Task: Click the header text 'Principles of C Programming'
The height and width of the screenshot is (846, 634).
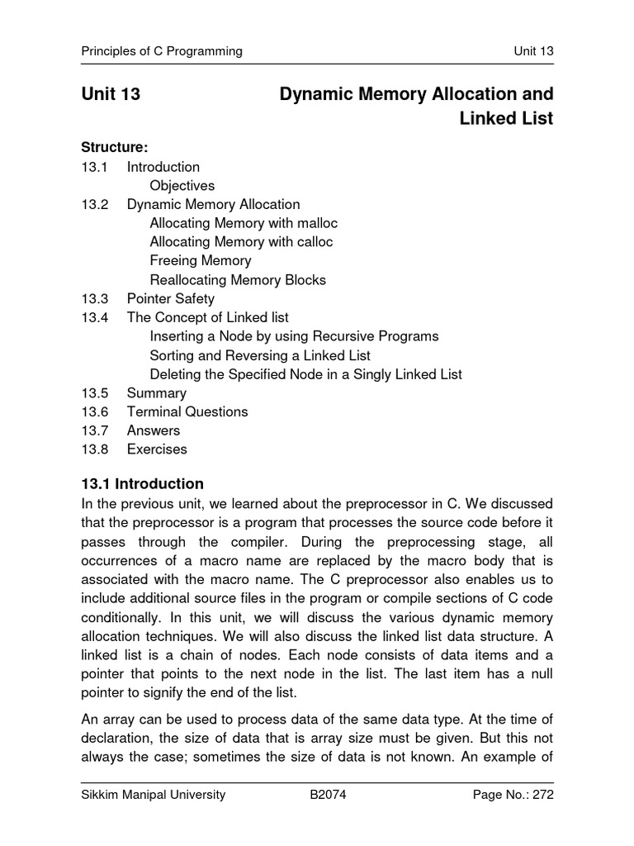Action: pos(161,51)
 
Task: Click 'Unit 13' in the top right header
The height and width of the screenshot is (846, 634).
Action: pos(532,51)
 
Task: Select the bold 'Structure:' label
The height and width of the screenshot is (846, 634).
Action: pos(114,148)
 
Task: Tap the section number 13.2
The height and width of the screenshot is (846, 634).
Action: pos(95,204)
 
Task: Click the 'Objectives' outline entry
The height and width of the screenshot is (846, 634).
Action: pos(182,185)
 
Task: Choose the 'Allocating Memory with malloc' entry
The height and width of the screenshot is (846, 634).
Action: pos(244,223)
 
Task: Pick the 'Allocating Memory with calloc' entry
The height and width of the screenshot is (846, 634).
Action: pos(241,242)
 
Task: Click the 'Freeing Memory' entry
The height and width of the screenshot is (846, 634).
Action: pos(200,261)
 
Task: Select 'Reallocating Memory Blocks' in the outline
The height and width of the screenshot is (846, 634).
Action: pos(238,280)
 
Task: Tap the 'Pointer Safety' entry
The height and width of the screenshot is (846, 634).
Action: pos(170,299)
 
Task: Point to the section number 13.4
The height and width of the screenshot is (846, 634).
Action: pos(95,317)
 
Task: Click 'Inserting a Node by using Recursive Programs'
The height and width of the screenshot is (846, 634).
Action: pos(294,336)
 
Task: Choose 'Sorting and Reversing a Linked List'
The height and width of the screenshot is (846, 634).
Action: pos(260,355)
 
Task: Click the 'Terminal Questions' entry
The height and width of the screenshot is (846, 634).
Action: pos(187,411)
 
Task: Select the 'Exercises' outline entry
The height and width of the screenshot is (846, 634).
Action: pos(157,449)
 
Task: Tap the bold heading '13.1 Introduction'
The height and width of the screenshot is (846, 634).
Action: pos(142,484)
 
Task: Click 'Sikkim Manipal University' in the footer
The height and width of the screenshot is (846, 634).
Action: pos(153,796)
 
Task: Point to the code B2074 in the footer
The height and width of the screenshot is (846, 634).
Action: pos(326,796)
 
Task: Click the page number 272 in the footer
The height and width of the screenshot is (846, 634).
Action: pos(542,796)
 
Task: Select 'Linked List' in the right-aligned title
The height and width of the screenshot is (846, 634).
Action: pos(505,119)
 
